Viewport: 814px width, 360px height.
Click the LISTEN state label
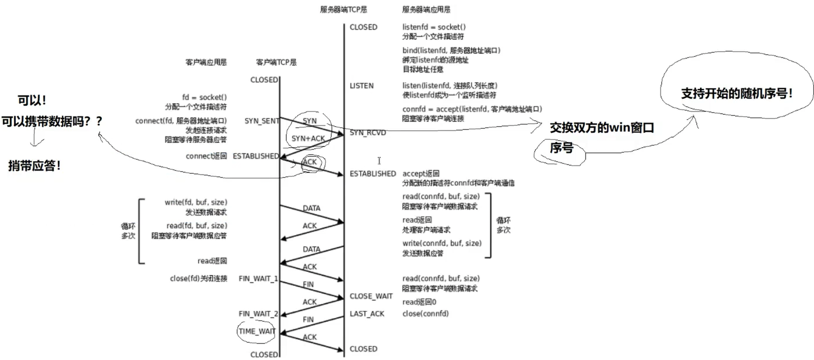(361, 86)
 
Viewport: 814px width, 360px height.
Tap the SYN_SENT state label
(261, 121)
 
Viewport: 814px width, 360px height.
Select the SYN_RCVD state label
(368, 133)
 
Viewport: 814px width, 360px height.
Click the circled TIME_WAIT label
(257, 331)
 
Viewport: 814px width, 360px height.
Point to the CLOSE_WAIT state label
(371, 296)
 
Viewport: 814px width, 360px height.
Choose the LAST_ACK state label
(367, 314)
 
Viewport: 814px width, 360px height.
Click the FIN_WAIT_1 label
(258, 279)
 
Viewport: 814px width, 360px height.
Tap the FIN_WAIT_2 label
(258, 314)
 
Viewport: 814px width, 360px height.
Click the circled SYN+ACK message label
(308, 139)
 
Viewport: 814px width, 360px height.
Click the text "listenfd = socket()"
(434, 27)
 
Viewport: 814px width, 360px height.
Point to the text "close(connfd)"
(425, 314)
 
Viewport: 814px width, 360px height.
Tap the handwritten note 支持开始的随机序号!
(736, 93)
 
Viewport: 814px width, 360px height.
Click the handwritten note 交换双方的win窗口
(602, 128)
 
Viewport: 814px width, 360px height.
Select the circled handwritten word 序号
(561, 148)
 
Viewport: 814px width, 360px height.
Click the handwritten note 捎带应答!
(34, 166)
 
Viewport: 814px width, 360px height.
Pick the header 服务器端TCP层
(343, 10)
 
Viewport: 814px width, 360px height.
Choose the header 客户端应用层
(206, 62)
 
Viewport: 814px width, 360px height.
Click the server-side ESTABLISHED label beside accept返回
(372, 174)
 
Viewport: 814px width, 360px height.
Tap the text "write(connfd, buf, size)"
(442, 243)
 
